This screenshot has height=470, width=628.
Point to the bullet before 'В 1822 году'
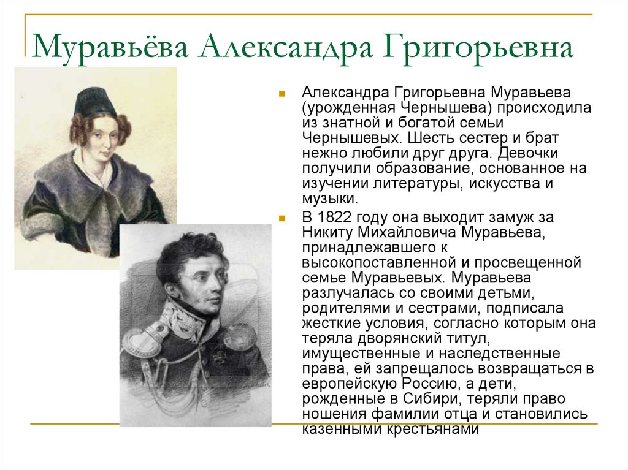click(281, 219)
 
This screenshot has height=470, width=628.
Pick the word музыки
click(328, 198)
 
